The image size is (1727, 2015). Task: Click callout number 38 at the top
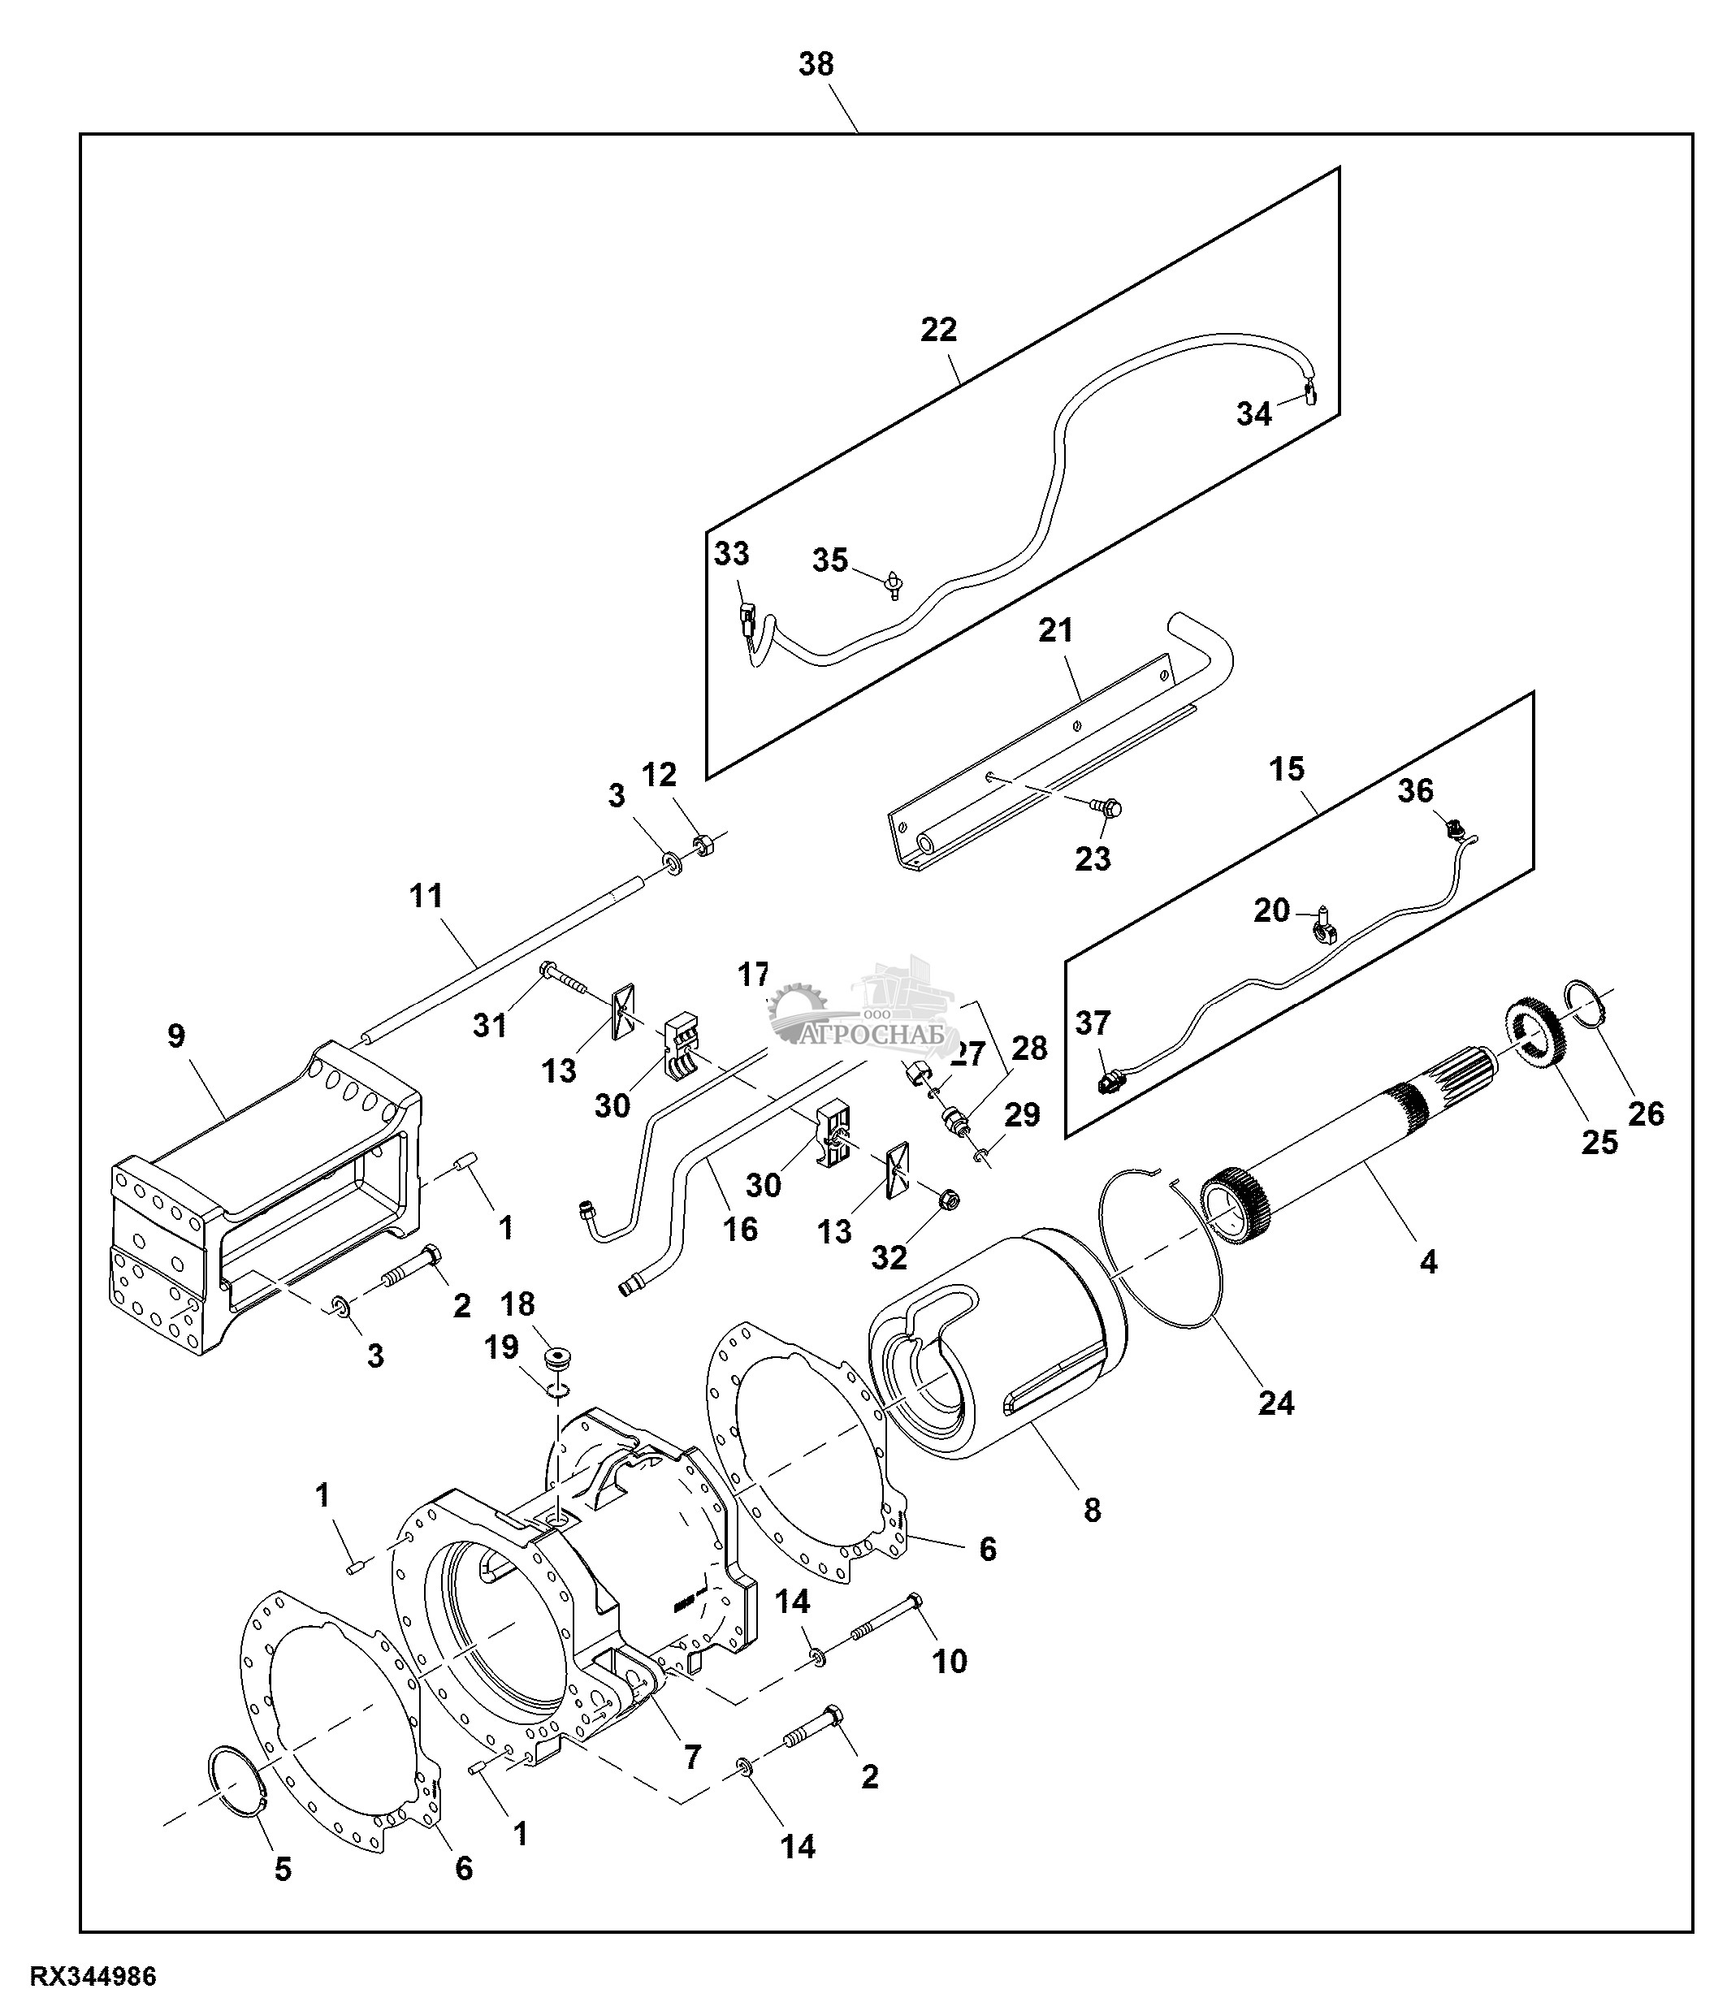click(816, 65)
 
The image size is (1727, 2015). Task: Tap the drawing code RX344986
click(93, 1977)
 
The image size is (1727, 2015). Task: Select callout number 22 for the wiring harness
click(938, 330)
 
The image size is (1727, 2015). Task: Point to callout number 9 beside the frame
click(176, 1036)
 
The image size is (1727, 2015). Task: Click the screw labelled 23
click(1107, 806)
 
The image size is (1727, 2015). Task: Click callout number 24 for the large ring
click(1276, 1403)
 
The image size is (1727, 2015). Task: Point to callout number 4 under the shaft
click(1427, 1262)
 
